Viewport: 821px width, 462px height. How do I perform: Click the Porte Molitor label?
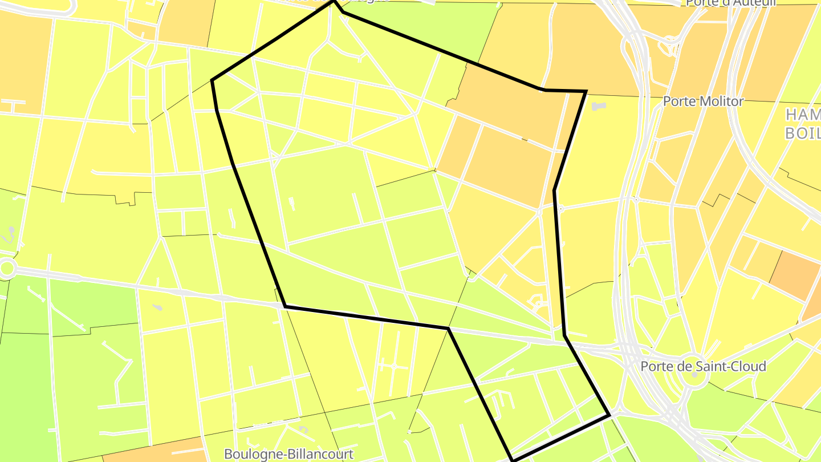(704, 102)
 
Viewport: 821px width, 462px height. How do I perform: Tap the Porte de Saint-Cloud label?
(703, 366)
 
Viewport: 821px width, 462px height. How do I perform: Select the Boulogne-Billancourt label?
(288, 454)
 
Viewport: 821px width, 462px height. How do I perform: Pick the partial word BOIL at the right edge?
(802, 133)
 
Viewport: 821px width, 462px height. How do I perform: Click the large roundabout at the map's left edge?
(6, 269)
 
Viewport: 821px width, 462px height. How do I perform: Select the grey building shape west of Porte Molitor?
(598, 106)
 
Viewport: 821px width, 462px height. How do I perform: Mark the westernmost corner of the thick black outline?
(212, 80)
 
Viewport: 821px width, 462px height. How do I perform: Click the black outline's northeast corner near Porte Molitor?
(586, 91)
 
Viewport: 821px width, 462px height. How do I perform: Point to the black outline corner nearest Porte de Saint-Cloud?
(609, 415)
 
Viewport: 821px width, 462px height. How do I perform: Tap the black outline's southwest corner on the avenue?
(285, 306)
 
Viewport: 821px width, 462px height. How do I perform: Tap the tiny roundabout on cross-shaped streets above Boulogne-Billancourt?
(393, 365)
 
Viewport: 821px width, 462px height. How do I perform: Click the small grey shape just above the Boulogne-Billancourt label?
(303, 429)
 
